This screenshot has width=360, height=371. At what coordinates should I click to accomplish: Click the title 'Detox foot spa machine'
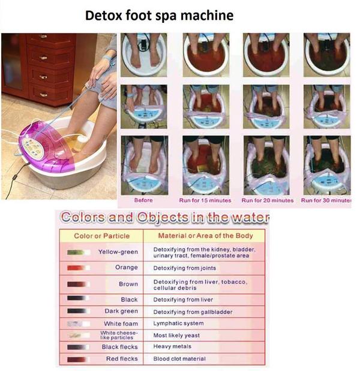click(159, 16)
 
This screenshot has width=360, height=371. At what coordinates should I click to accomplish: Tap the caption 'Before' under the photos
click(143, 200)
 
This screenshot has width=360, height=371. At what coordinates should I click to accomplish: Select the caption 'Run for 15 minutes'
click(205, 200)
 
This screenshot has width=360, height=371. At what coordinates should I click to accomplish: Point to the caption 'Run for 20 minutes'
click(268, 200)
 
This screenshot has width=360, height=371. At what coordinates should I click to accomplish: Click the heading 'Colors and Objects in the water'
click(165, 217)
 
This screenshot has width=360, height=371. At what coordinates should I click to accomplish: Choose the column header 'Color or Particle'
click(102, 236)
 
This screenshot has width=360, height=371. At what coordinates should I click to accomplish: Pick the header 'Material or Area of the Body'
click(205, 236)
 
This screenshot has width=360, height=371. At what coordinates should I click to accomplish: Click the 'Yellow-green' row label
click(118, 252)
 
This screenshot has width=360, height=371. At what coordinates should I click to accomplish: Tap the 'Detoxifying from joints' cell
click(185, 268)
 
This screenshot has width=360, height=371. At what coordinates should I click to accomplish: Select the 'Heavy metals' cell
click(172, 346)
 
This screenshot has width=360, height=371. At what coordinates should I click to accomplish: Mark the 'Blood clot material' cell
click(179, 358)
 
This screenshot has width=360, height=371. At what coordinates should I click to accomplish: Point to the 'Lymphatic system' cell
click(178, 324)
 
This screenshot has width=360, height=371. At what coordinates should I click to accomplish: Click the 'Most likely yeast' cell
click(176, 335)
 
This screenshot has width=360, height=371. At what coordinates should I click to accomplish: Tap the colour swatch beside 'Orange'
click(79, 268)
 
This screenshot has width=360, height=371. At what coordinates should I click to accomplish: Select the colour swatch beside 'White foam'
click(79, 324)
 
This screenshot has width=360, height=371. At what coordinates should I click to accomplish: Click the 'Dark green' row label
click(121, 311)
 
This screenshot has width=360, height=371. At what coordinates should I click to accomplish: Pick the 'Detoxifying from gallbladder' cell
click(193, 312)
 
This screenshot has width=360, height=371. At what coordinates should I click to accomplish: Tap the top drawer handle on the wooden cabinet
click(43, 36)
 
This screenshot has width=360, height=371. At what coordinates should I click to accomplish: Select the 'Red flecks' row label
click(122, 358)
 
